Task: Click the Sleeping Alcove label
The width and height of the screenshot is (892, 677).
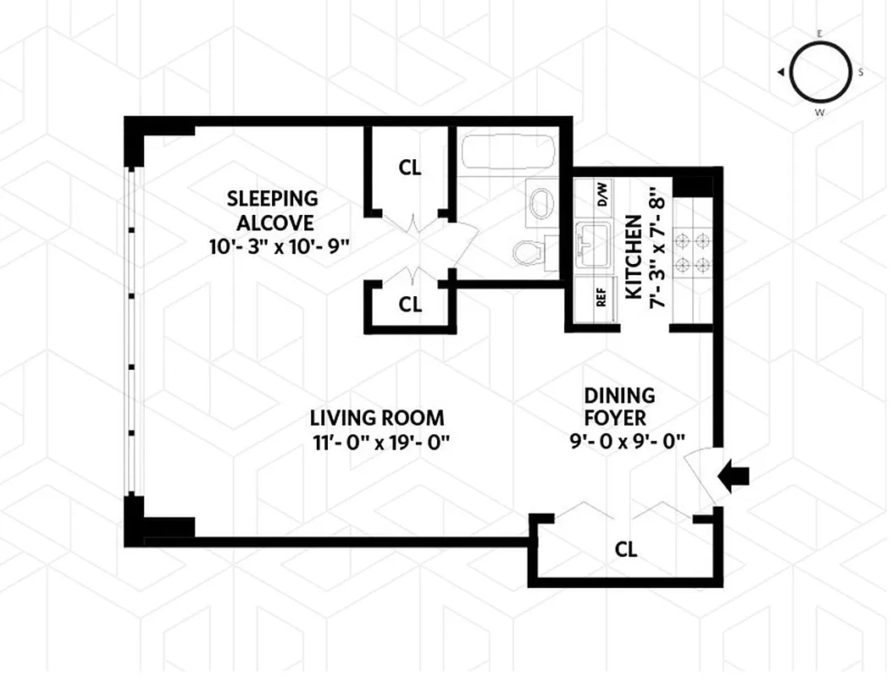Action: pyautogui.click(x=272, y=211)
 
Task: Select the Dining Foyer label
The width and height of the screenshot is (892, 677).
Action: pyautogui.click(x=619, y=406)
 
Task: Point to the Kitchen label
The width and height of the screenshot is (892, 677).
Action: pyautogui.click(x=633, y=256)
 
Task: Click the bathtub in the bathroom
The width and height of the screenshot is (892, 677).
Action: pyautogui.click(x=507, y=154)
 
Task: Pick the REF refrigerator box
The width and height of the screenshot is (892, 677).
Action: pyautogui.click(x=601, y=298)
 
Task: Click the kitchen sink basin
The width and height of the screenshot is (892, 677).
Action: pyautogui.click(x=593, y=246)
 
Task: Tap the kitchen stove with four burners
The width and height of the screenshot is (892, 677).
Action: pyautogui.click(x=693, y=253)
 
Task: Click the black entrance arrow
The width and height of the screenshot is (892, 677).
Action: pyautogui.click(x=734, y=478)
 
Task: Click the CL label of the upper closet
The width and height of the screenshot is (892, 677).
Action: pyautogui.click(x=410, y=168)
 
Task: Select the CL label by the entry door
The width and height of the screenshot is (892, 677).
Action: pyautogui.click(x=626, y=549)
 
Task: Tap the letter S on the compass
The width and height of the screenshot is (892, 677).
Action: pyautogui.click(x=861, y=73)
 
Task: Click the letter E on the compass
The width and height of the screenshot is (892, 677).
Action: pyautogui.click(x=819, y=33)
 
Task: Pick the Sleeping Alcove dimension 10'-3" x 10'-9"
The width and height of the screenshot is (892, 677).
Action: pyautogui.click(x=272, y=247)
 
